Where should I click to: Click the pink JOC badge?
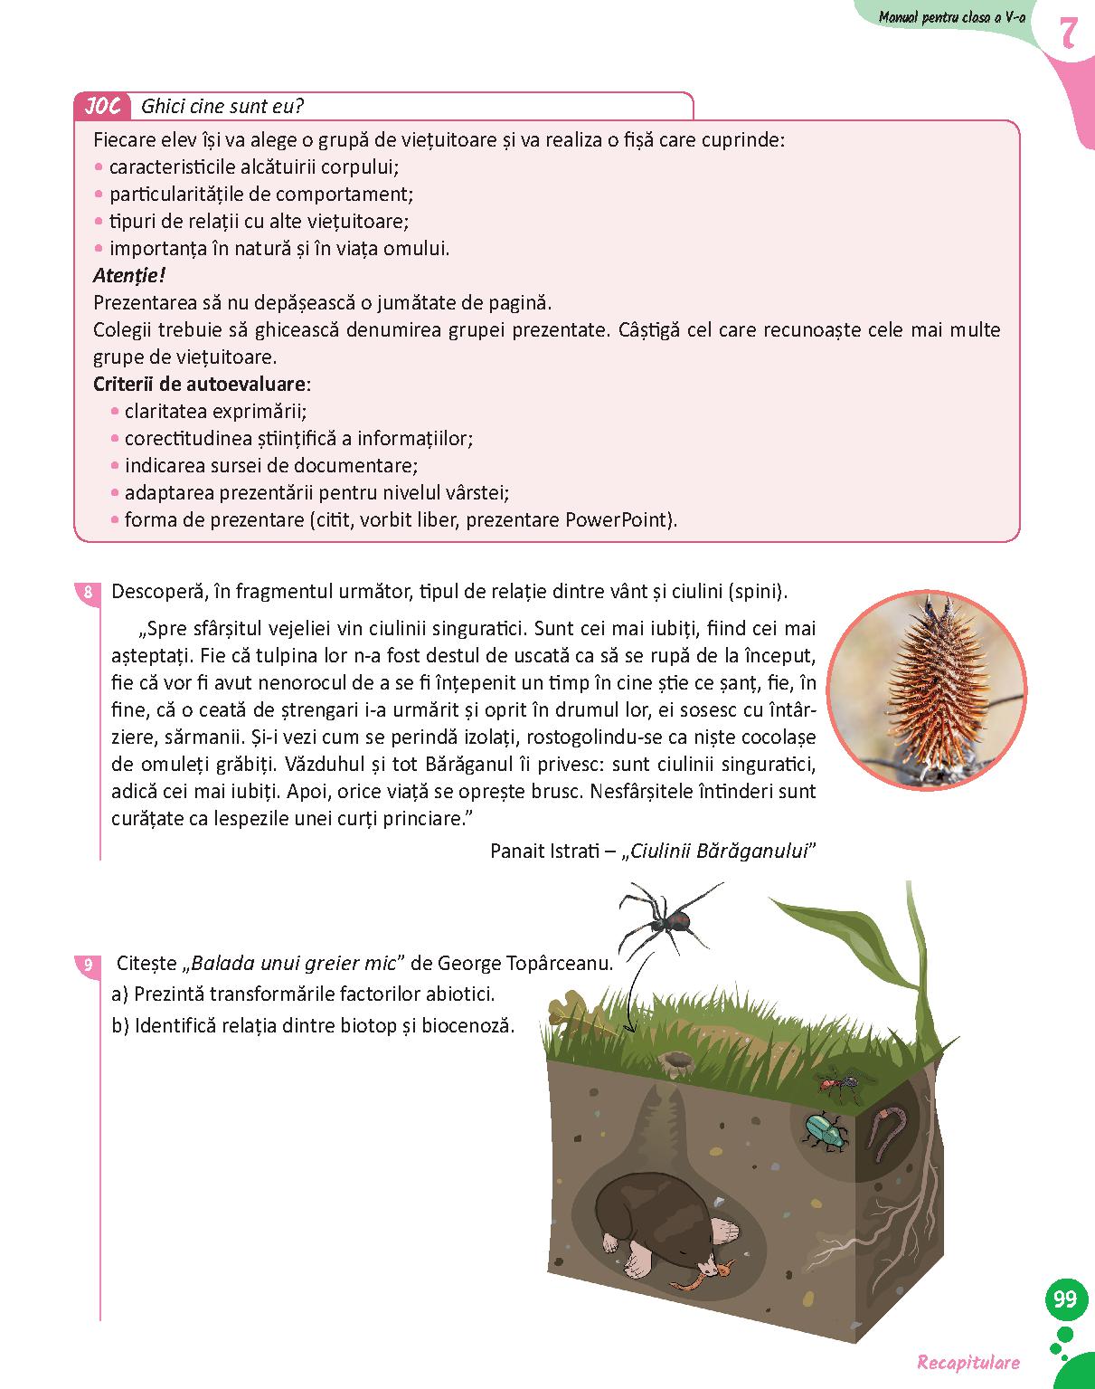(102, 107)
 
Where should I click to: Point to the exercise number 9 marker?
(88, 965)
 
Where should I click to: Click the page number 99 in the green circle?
(1065, 1299)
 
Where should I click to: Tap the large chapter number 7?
(1067, 33)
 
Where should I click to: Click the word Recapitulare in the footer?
(968, 1363)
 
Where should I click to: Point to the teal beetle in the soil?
(825, 1131)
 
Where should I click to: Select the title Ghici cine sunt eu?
(222, 107)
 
